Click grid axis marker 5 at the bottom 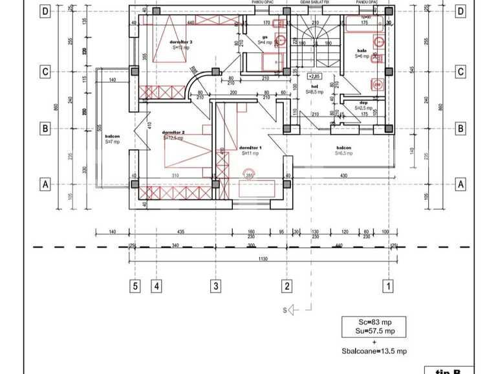(135, 286)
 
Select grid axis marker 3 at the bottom (217, 286)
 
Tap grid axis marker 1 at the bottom (388, 286)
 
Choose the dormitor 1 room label (250, 149)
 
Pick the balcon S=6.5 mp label (343, 151)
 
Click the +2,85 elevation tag (315, 76)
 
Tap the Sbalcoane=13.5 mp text (374, 351)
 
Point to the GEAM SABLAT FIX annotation (315, 3)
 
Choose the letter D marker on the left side (45, 12)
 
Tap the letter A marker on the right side (460, 184)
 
